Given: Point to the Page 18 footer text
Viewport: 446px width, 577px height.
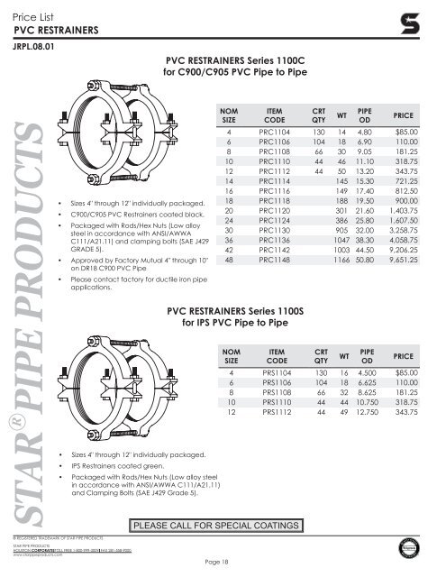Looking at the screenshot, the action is coord(223,563).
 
